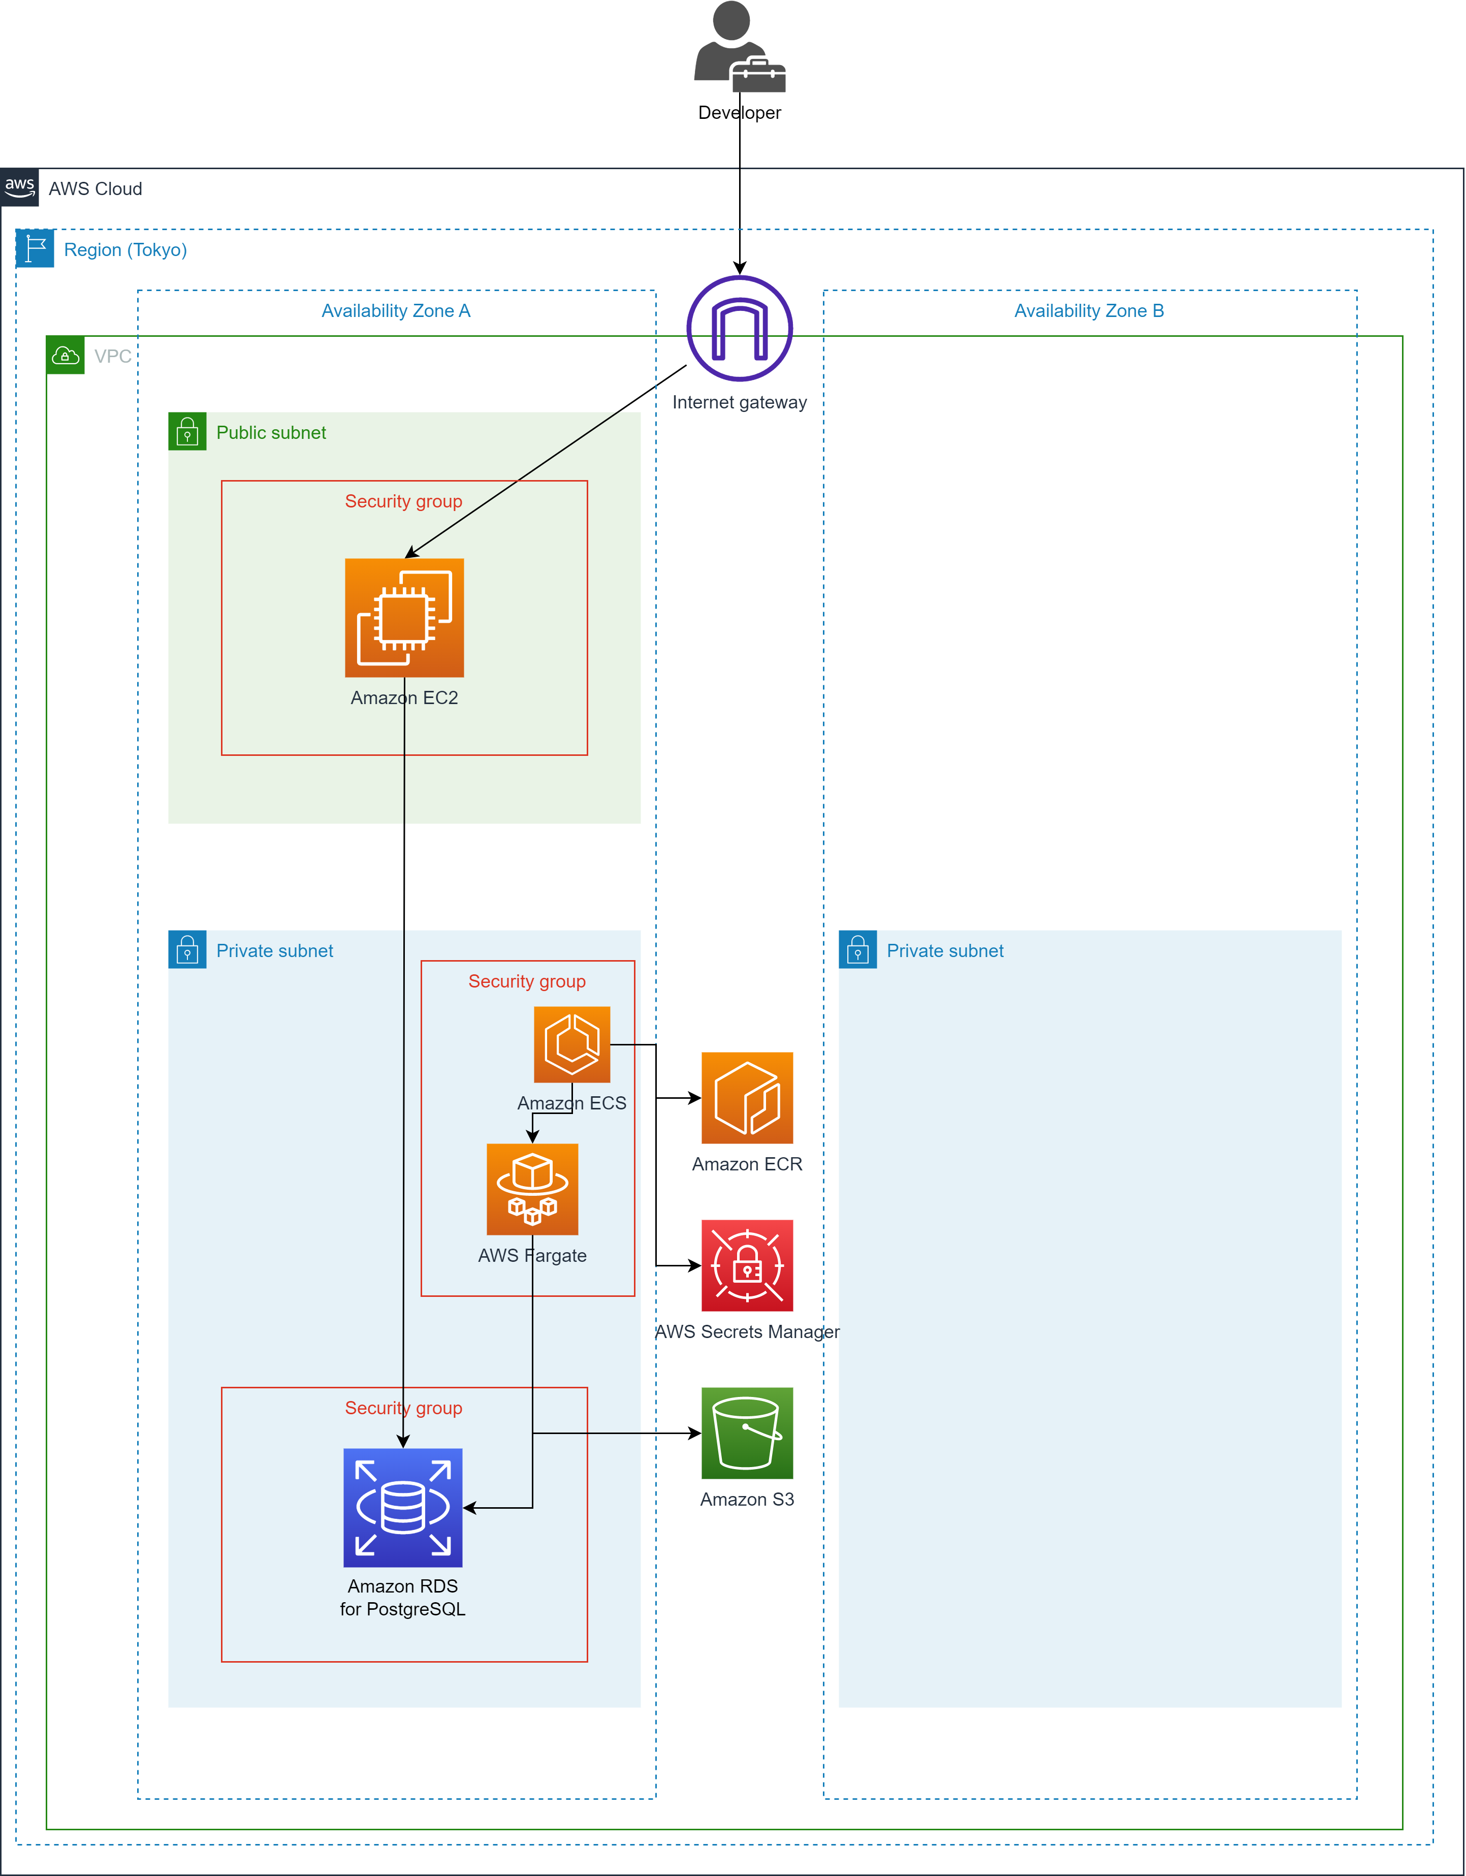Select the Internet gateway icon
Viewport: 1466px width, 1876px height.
tap(740, 328)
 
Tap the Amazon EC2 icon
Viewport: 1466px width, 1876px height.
tap(404, 618)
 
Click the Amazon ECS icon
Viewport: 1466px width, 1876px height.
tap(572, 1044)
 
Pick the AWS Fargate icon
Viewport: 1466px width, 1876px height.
tap(532, 1189)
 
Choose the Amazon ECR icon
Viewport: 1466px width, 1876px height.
tap(747, 1098)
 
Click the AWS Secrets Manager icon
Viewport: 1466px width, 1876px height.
tap(747, 1265)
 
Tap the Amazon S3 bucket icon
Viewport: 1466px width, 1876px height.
tap(747, 1433)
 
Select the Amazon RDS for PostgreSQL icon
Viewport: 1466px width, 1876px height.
tap(403, 1508)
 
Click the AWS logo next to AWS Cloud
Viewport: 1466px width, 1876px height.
tap(19, 187)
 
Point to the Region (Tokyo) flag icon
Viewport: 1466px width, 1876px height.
tap(35, 249)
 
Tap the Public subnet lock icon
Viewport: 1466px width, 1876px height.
tap(187, 432)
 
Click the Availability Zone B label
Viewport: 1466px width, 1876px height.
tap(1089, 311)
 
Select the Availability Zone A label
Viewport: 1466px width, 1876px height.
tap(396, 311)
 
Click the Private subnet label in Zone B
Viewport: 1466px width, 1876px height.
tap(945, 951)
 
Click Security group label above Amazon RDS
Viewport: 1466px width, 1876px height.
tap(404, 1408)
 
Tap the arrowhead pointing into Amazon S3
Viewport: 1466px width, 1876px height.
tap(695, 1433)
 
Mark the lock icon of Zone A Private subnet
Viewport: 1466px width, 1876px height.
tap(187, 950)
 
